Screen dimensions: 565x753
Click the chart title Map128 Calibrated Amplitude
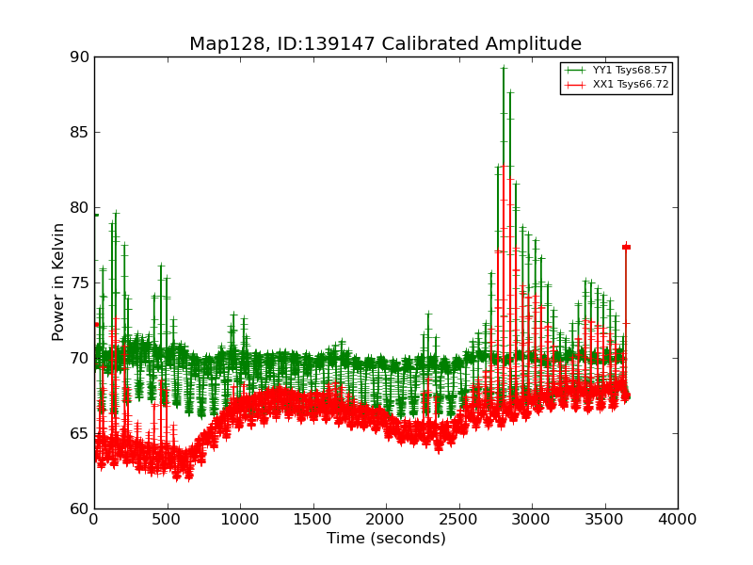[x=385, y=44]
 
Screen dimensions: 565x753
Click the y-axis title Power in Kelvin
[x=58, y=282]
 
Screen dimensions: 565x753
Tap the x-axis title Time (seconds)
[x=386, y=539]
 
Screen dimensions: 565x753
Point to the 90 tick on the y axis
[x=78, y=57]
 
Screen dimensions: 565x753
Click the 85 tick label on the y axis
[x=78, y=133]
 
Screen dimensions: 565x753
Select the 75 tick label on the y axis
[x=78, y=283]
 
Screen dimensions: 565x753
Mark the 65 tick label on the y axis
[x=78, y=434]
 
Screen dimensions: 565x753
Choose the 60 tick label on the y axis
[x=78, y=509]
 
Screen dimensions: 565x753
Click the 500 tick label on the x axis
[x=167, y=519]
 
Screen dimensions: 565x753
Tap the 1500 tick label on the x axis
[x=312, y=519]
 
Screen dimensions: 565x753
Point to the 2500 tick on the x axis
[x=458, y=519]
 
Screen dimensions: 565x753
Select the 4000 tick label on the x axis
[x=678, y=519]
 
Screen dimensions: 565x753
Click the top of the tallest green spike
[x=504, y=68]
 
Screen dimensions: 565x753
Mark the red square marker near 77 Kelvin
[x=626, y=247]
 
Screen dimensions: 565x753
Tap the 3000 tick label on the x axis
[x=532, y=519]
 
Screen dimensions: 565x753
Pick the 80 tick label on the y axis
[x=78, y=208]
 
